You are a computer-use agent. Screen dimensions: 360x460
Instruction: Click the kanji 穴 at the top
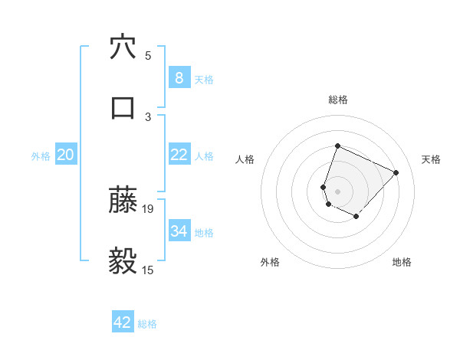point(123,47)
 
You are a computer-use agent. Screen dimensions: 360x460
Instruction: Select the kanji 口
point(123,107)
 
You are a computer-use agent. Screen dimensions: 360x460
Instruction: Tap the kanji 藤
point(123,201)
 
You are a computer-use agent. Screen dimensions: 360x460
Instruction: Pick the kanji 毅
point(123,261)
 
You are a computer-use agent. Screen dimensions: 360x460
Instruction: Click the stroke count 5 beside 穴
point(148,55)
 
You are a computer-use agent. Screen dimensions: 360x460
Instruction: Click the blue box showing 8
point(179,77)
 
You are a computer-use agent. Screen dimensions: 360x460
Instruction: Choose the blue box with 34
point(179,231)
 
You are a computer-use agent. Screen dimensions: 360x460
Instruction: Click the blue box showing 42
point(123,322)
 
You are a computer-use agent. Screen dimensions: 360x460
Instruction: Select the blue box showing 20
point(65,155)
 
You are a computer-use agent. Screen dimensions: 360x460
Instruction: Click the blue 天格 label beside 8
point(204,79)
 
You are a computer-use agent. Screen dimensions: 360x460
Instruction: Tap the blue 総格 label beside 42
point(147,324)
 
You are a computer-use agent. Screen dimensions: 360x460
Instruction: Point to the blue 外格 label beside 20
point(41,156)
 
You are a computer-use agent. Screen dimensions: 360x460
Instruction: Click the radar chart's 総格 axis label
point(337,100)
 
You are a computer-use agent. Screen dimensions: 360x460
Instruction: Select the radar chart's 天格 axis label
point(431,159)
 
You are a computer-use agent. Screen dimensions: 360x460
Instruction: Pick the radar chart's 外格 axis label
point(270,262)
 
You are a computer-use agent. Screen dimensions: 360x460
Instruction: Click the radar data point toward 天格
point(396,172)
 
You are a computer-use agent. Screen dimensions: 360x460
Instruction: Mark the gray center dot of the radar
point(337,191)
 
